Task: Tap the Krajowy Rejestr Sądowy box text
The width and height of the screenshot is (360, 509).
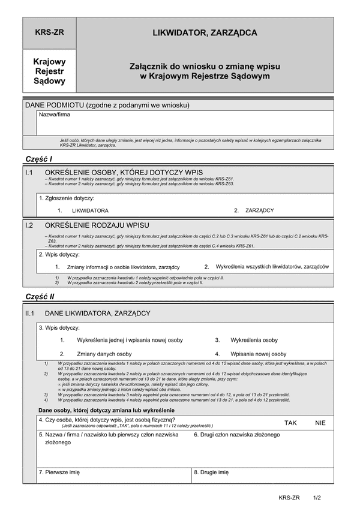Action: (50, 71)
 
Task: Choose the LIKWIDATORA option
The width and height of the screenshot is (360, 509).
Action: (90, 210)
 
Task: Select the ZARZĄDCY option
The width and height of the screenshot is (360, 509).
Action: (259, 210)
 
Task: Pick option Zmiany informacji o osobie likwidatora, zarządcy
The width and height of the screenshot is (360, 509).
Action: (123, 267)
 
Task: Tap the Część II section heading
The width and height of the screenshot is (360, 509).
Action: (40, 297)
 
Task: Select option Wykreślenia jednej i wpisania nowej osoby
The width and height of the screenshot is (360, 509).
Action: (130, 340)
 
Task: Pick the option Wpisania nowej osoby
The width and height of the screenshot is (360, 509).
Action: (259, 354)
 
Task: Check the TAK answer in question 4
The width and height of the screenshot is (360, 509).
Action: (291, 423)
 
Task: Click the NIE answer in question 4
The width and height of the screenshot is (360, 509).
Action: (320, 423)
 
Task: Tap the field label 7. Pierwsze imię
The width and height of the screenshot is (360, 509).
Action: (59, 472)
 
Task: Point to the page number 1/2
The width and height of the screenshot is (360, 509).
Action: (317, 498)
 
